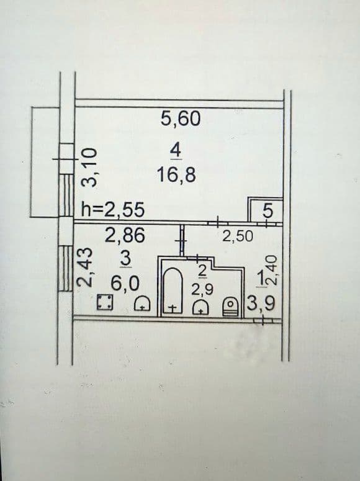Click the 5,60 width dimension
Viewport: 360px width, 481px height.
(x=181, y=119)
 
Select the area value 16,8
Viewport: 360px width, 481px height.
(x=176, y=175)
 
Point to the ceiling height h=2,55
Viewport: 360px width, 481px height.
(x=112, y=210)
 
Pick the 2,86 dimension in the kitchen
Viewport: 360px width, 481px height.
(x=125, y=236)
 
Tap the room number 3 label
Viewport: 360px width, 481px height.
(x=126, y=259)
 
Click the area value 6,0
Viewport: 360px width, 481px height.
(x=125, y=283)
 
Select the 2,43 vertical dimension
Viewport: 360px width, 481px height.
(x=84, y=267)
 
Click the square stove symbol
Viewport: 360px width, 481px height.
(x=105, y=302)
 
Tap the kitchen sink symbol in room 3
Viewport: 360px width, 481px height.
(x=142, y=303)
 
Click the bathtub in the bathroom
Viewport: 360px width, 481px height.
(x=172, y=290)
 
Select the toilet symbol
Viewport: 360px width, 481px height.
(x=231, y=306)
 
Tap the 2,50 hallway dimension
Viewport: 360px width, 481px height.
(x=238, y=236)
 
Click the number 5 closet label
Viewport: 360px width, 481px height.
(x=268, y=211)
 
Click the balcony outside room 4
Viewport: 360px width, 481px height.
(x=45, y=161)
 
